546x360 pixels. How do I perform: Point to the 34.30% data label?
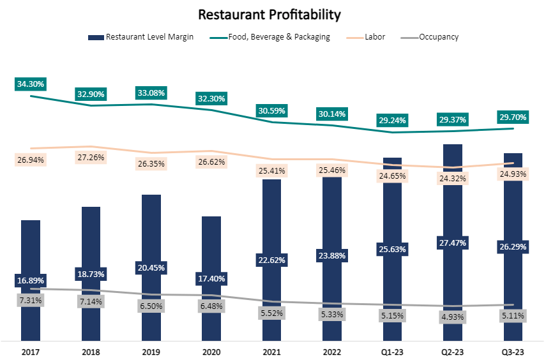(31, 84)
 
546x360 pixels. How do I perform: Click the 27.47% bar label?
(453, 243)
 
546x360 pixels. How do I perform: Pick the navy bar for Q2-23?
(453, 191)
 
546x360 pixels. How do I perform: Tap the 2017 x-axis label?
(30, 352)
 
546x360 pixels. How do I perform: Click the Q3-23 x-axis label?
(513, 352)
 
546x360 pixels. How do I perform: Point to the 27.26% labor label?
(91, 157)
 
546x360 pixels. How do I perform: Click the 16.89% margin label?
(31, 280)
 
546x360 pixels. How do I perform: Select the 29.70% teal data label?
(513, 117)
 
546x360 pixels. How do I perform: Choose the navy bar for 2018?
(91, 243)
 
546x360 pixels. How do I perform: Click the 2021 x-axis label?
(271, 352)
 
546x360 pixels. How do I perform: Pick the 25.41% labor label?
(272, 171)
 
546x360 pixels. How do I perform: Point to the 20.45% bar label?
(151, 267)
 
